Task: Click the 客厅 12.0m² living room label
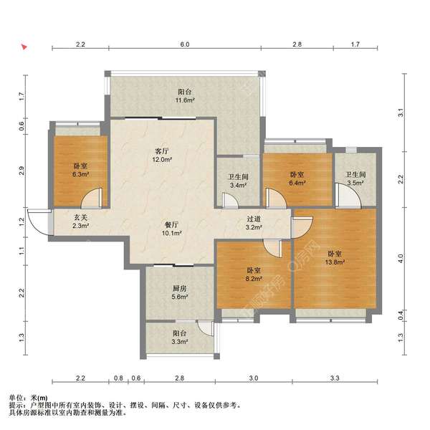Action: (162, 155)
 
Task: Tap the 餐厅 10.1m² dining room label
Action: (172, 229)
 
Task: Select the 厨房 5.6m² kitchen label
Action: (180, 292)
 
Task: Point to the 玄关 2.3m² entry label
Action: (80, 221)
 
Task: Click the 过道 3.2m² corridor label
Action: (254, 223)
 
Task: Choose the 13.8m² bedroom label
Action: (335, 258)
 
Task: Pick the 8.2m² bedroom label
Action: (254, 274)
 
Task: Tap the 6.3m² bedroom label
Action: (80, 170)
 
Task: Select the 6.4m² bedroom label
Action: (297, 178)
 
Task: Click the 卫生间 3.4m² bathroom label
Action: (238, 181)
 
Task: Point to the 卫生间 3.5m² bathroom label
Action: (355, 178)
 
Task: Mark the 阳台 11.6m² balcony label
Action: (185, 95)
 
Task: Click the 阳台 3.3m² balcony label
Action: (180, 338)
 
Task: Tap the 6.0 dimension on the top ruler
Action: (185, 44)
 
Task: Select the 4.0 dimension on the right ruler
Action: (401, 259)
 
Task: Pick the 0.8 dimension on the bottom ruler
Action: (118, 378)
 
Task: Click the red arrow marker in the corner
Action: (24, 47)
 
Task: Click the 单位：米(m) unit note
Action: (28, 398)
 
